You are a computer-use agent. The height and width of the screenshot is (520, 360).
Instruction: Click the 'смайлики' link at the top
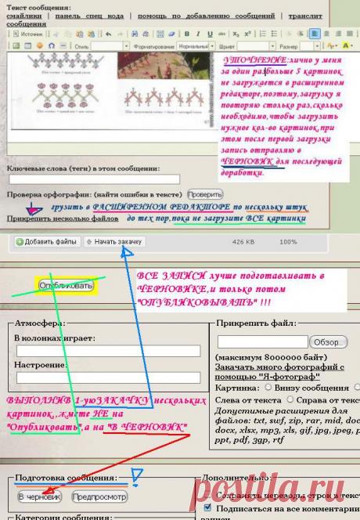pos(23,16)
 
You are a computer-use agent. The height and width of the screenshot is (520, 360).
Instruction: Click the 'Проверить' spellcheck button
pos(204,193)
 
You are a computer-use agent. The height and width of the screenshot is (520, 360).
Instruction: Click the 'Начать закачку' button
pos(114,242)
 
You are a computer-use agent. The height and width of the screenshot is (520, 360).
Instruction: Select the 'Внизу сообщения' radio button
pos(269,387)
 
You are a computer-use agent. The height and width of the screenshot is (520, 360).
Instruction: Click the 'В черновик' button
pos(39,497)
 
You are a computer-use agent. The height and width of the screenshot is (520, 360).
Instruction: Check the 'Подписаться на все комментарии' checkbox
pos(207,507)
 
